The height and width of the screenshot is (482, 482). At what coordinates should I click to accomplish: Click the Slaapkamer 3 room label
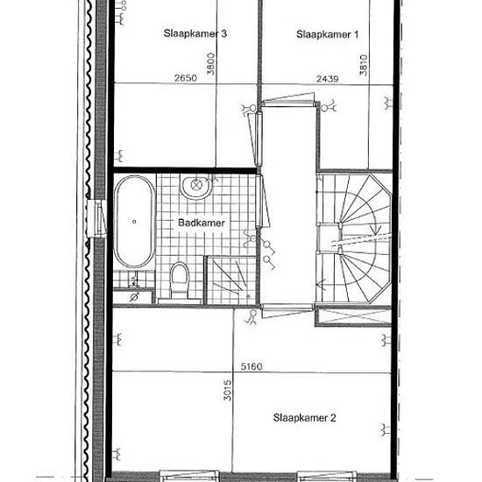195,33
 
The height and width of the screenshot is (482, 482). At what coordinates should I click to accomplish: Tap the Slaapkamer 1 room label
328,34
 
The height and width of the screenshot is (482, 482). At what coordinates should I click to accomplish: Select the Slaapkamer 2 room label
304,417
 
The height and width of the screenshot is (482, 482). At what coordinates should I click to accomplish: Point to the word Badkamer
202,223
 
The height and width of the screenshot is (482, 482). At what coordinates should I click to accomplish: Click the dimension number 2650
186,78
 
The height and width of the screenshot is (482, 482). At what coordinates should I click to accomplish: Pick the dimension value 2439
328,79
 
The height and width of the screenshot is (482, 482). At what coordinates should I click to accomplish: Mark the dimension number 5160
252,366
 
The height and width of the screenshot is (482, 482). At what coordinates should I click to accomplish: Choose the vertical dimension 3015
228,390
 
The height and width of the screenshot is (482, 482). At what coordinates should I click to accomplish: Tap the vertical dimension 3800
211,64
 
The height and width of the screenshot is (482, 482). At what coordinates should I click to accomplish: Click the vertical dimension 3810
364,65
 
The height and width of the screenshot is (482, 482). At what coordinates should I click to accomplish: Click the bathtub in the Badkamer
134,222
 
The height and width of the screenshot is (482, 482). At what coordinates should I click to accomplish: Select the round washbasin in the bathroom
196,186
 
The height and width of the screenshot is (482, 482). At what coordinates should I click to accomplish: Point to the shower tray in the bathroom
231,280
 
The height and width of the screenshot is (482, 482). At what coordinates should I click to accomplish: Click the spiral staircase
354,238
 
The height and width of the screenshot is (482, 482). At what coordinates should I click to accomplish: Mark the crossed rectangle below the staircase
354,317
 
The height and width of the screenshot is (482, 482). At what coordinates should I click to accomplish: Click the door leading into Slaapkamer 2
287,310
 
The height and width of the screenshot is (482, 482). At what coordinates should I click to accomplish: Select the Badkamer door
262,202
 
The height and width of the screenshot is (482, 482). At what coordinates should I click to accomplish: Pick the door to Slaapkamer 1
289,100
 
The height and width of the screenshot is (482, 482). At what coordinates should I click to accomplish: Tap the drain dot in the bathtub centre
134,222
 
